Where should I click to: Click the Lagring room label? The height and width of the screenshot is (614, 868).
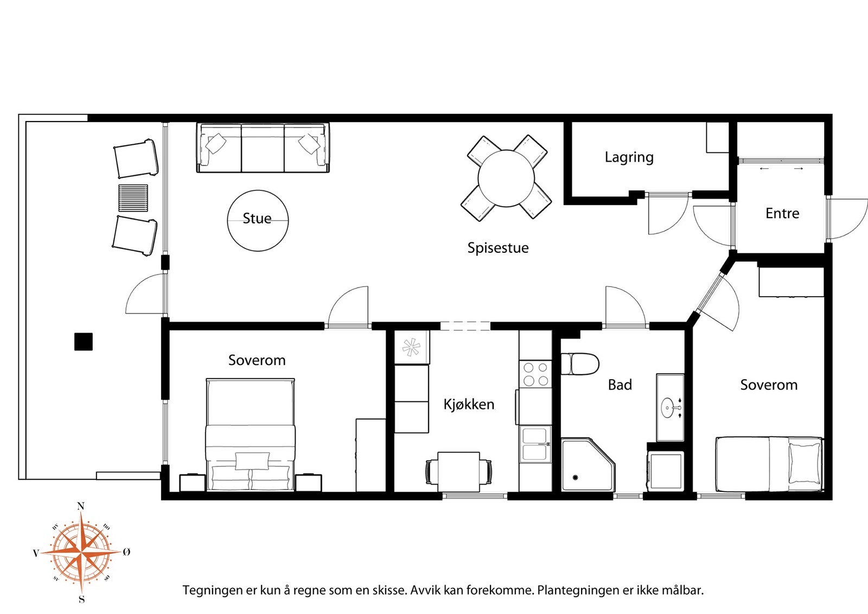(x=629, y=157)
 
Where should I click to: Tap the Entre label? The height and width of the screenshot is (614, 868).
(x=782, y=214)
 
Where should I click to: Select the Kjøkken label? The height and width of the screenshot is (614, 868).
(x=469, y=405)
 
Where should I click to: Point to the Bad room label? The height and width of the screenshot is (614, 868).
(x=620, y=385)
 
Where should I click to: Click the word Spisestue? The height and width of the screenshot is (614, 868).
(x=498, y=247)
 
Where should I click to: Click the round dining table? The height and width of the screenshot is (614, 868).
(x=506, y=178)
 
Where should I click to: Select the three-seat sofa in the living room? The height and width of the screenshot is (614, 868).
(x=263, y=148)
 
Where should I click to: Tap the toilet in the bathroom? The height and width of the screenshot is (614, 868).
(x=580, y=364)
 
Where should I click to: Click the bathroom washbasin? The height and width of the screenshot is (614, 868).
(x=669, y=407)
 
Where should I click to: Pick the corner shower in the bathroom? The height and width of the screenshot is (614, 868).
(x=588, y=465)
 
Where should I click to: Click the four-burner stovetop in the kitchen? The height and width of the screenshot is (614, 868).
(x=535, y=374)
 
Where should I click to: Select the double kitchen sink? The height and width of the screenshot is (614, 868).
(x=535, y=444)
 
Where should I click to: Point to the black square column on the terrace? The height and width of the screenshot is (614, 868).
(x=84, y=342)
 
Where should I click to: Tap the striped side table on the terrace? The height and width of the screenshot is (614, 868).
(x=133, y=198)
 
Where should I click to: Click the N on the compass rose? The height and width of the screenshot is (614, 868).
(x=81, y=506)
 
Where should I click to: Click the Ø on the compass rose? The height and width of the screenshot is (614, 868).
(x=126, y=552)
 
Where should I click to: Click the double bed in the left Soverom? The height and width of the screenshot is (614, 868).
(x=250, y=434)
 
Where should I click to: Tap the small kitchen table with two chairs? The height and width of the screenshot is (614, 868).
(x=459, y=471)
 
